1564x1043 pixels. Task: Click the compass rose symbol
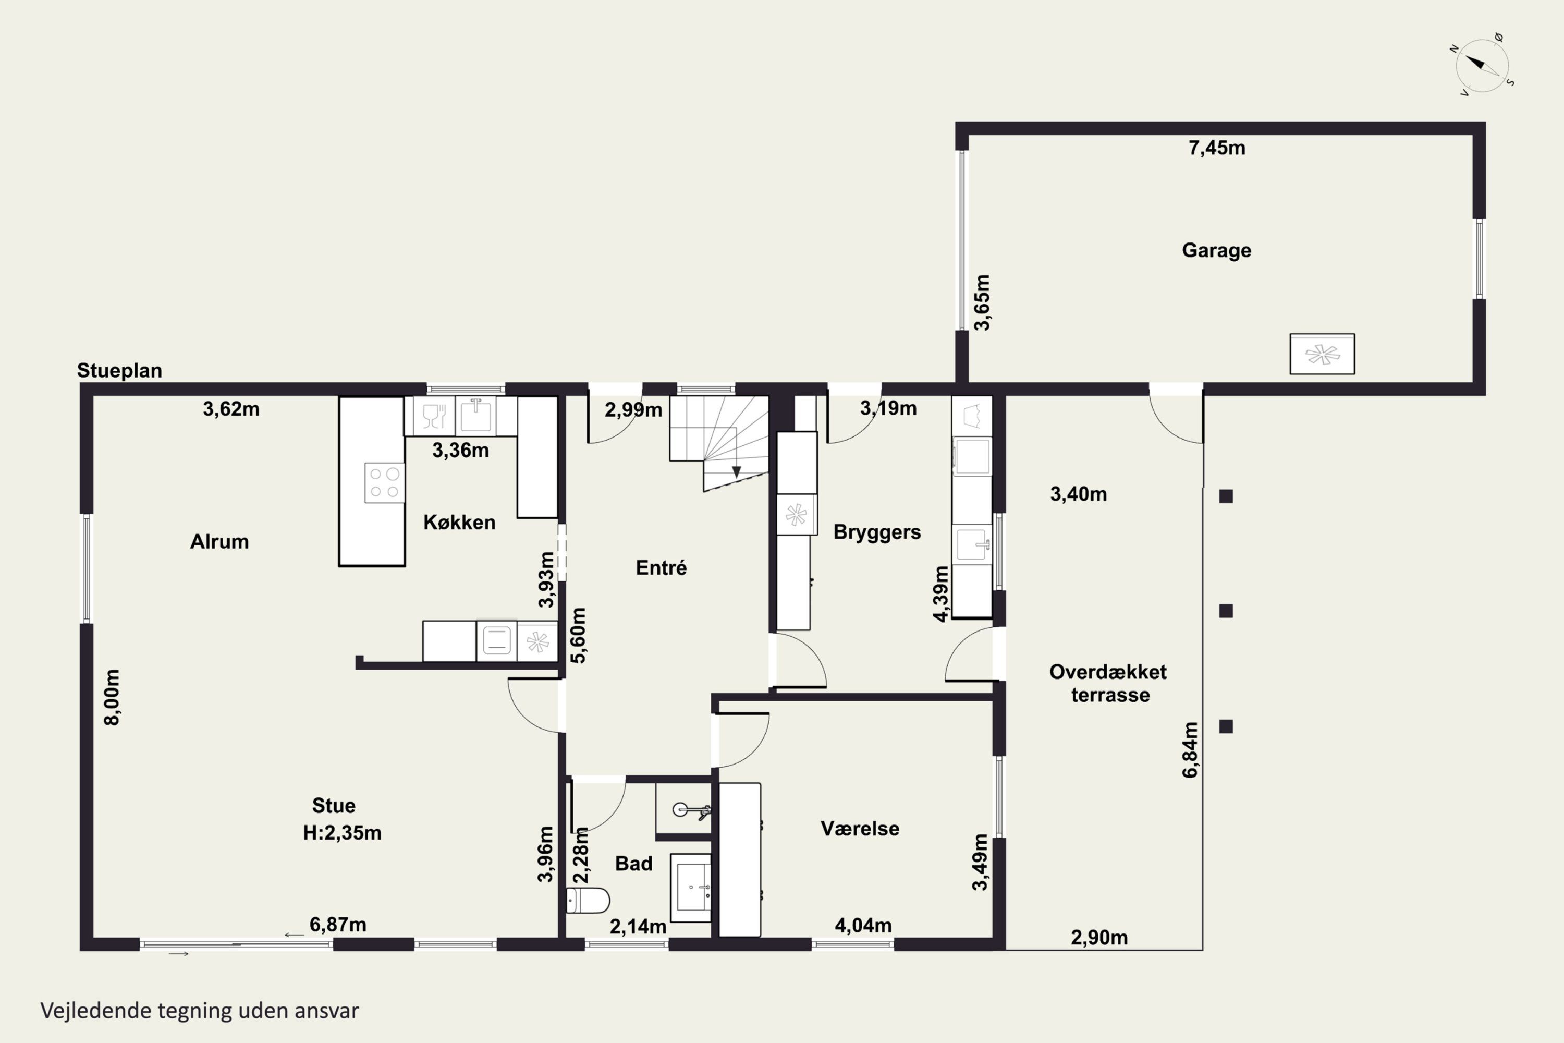[x=1482, y=65]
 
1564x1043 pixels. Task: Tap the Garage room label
[x=1216, y=250]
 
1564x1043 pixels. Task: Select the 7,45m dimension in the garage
[x=1216, y=147]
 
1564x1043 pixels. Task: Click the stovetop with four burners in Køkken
[x=384, y=482]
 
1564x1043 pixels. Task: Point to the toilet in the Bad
[x=588, y=901]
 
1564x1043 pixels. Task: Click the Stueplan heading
[x=120, y=370]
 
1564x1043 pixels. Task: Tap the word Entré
[x=661, y=567]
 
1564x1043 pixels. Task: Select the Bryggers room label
[x=877, y=532]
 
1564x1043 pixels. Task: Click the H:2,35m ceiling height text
[x=342, y=832]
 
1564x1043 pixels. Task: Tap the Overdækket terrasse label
[x=1108, y=683]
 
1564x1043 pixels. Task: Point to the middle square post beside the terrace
[x=1226, y=611]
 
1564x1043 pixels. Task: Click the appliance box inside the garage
[x=1322, y=354]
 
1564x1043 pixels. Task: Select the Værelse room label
[x=860, y=828]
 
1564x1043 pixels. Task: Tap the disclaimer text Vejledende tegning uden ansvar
[x=200, y=1011]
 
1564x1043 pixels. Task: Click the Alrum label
[x=219, y=541]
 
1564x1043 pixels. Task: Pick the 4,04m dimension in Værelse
[x=863, y=925]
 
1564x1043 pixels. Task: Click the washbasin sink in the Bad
[x=692, y=888]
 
